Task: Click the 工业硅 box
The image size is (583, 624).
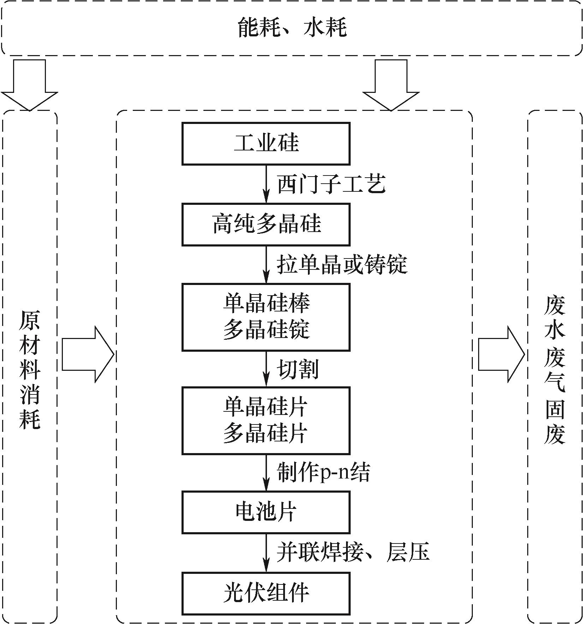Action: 266,144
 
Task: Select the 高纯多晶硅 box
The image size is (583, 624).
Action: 266,224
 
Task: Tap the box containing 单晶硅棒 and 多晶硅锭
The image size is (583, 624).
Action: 266,317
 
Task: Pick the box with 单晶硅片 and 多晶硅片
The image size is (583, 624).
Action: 266,420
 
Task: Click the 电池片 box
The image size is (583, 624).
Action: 266,512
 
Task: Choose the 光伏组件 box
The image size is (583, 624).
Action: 266,593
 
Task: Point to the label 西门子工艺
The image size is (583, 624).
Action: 331,184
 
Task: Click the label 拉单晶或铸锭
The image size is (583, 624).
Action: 342,265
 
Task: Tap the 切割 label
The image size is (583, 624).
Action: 298,369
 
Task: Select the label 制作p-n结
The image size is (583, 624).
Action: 323,473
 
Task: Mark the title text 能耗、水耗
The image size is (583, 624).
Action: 292,28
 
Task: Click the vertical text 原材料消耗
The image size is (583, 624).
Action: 30,369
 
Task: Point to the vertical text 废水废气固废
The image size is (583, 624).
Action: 554,369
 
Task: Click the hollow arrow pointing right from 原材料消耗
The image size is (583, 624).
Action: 88,354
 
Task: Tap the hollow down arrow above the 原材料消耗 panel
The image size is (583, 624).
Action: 29,85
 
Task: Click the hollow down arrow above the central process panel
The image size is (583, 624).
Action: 391,85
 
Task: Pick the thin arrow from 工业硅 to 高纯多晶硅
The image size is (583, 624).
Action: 266,184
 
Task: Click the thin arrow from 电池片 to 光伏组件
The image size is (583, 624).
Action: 266,553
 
